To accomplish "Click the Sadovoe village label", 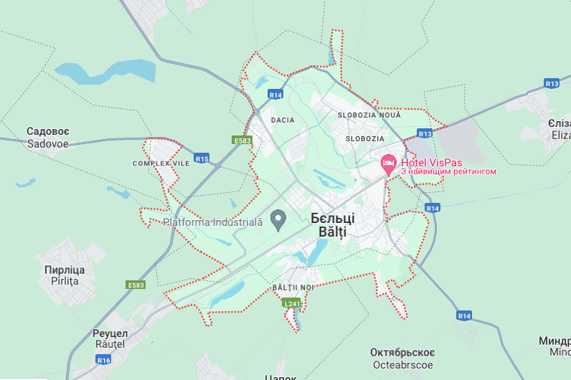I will tap(47, 138).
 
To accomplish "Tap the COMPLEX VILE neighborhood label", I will tap(155, 163).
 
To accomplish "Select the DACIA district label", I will tap(283, 120).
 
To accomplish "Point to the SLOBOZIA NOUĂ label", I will tap(369, 115).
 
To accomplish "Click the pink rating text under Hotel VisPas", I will tap(448, 171).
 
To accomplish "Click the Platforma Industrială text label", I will tap(213, 222).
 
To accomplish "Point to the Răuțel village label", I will tap(110, 339).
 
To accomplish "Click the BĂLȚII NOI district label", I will tap(293, 288).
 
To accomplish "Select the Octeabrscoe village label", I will tap(402, 358).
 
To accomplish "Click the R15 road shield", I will tap(201, 158).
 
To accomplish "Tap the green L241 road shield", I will tap(291, 303).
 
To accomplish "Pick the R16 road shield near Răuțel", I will tap(104, 360).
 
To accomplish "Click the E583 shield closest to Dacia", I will tap(242, 141).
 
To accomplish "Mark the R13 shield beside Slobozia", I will tap(425, 133).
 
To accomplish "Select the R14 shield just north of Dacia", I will tap(275, 95).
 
